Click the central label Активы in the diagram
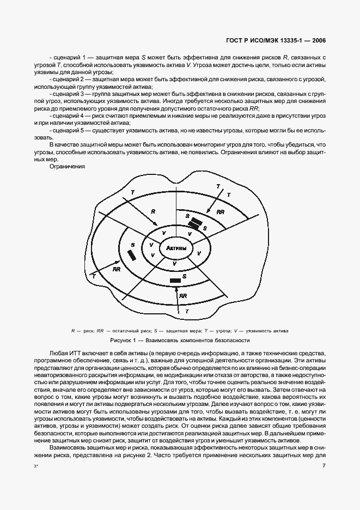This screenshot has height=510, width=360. pyautogui.click(x=176, y=248)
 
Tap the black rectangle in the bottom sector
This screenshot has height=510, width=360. pyautogui.click(x=175, y=281)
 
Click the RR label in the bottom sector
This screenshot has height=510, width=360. pyautogui.click(x=183, y=295)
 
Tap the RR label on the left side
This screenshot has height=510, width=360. pyautogui.click(x=116, y=269)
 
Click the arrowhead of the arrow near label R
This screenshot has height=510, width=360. pyautogui.click(x=156, y=224)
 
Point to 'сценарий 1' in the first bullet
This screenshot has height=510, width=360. pyautogui.click(x=67, y=57)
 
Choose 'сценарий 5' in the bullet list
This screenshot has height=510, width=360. pyautogui.click(x=67, y=131)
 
